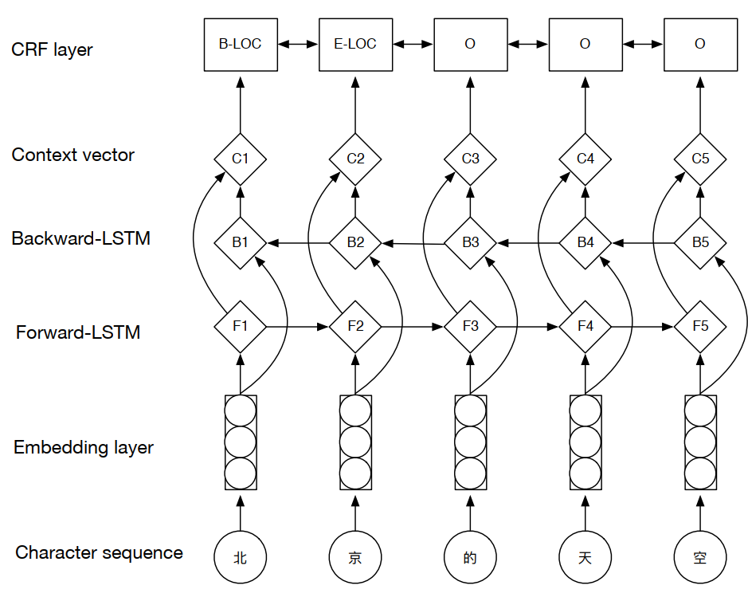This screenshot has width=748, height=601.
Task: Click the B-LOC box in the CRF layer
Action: point(240,44)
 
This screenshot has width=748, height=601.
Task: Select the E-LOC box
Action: point(355,44)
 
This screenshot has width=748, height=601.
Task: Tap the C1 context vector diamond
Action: point(240,159)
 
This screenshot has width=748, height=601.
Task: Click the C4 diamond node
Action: point(585,159)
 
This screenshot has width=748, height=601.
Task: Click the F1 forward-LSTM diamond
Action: point(240,326)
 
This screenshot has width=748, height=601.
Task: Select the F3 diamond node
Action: point(470,326)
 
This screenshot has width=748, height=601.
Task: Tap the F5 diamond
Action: point(700,326)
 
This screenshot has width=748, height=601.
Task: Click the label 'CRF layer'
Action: point(52,49)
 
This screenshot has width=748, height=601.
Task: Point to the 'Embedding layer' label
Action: point(84,448)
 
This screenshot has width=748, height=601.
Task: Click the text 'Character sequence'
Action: point(99,552)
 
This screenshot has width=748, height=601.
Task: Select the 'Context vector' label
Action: point(73,155)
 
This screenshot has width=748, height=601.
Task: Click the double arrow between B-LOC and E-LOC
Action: point(297,44)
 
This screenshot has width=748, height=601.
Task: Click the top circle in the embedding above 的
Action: point(470,412)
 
